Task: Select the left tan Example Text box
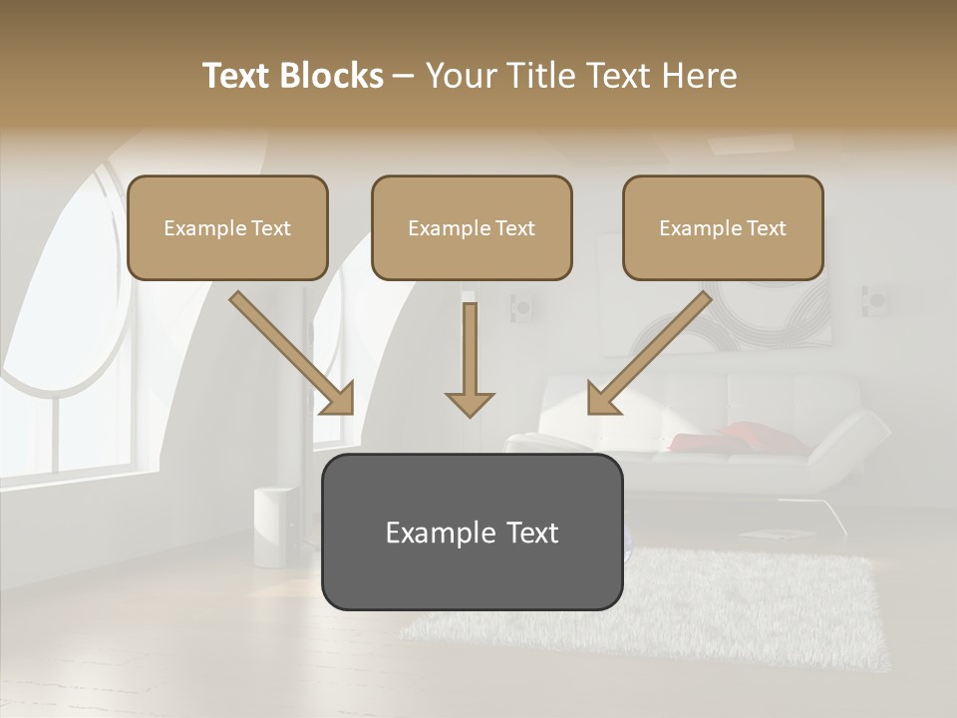227,227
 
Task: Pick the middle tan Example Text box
472,227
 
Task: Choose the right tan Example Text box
723,227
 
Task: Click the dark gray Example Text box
472,532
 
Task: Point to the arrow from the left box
291,352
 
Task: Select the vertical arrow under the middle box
470,359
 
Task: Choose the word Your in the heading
460,76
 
